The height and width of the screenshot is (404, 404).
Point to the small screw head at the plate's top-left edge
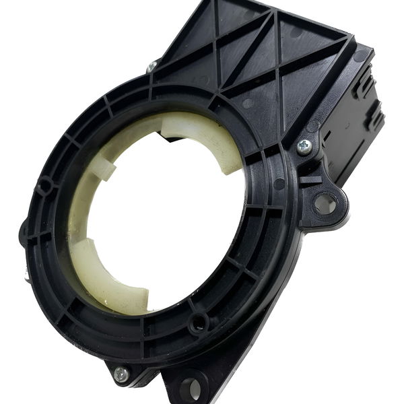[152, 66]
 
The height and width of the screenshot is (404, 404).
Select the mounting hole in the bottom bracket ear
[191, 388]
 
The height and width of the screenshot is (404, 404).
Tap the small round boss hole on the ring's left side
[46, 184]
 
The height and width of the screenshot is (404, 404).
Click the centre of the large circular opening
[165, 215]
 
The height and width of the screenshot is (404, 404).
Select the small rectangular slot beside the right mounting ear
[309, 180]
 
